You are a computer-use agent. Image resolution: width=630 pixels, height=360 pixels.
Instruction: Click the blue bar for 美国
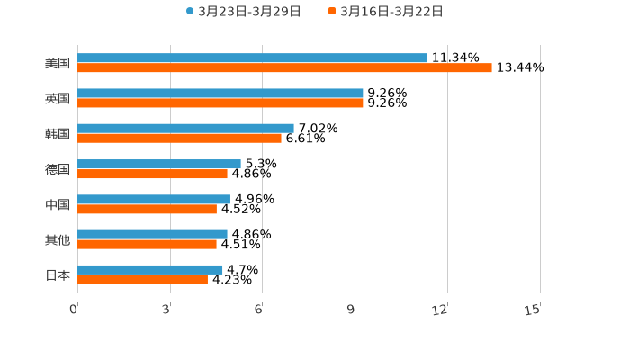tap(252, 58)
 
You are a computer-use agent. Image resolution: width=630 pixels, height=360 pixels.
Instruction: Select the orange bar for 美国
tap(284, 68)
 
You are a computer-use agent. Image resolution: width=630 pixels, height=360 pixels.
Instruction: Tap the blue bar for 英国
tap(220, 94)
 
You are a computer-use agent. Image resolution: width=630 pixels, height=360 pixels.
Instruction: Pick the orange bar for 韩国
tap(179, 139)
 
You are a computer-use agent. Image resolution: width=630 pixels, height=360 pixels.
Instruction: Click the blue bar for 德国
tap(159, 164)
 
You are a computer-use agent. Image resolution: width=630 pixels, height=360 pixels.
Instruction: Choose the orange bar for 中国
tap(147, 210)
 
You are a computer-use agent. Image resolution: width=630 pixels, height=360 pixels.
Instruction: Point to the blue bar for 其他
tap(152, 234)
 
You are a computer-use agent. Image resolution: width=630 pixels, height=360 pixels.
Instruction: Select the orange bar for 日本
tap(142, 280)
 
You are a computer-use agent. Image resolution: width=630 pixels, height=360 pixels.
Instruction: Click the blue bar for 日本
tap(149, 269)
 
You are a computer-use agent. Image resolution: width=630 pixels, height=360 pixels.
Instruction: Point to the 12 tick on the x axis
tap(440, 310)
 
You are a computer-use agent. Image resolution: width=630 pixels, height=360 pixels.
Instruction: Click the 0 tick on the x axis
tap(75, 310)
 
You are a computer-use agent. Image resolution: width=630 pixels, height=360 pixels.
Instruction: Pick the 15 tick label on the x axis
tap(533, 310)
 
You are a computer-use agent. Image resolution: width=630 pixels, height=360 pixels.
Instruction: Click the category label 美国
tap(58, 64)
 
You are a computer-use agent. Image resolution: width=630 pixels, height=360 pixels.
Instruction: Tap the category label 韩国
tap(58, 134)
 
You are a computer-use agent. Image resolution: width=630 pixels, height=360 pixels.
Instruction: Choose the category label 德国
tap(58, 169)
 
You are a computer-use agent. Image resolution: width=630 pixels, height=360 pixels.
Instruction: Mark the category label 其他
tap(58, 240)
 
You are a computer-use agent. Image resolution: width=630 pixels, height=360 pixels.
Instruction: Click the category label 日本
tap(58, 275)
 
